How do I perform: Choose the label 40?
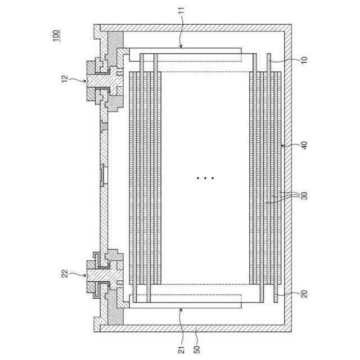304,145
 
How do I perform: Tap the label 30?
304,196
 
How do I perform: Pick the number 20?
304,292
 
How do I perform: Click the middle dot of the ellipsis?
205,178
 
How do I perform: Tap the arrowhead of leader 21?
181,308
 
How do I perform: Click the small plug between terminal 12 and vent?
103,125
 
